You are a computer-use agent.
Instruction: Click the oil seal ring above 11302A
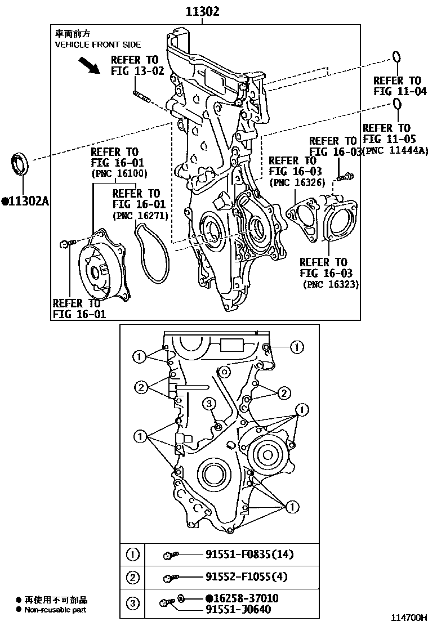click(21, 164)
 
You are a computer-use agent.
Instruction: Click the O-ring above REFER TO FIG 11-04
click(396, 57)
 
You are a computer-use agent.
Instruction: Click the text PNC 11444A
click(395, 150)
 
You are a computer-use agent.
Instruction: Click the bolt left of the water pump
click(64, 244)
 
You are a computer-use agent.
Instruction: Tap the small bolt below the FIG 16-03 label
click(345, 177)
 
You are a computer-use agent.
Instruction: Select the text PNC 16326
click(293, 182)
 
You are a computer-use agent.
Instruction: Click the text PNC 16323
click(331, 285)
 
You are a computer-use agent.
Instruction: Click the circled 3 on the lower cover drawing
click(208, 403)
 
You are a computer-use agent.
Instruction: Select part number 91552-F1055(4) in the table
click(246, 577)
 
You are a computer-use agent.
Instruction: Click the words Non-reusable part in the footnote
click(56, 610)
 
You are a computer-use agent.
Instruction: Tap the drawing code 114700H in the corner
click(407, 618)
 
